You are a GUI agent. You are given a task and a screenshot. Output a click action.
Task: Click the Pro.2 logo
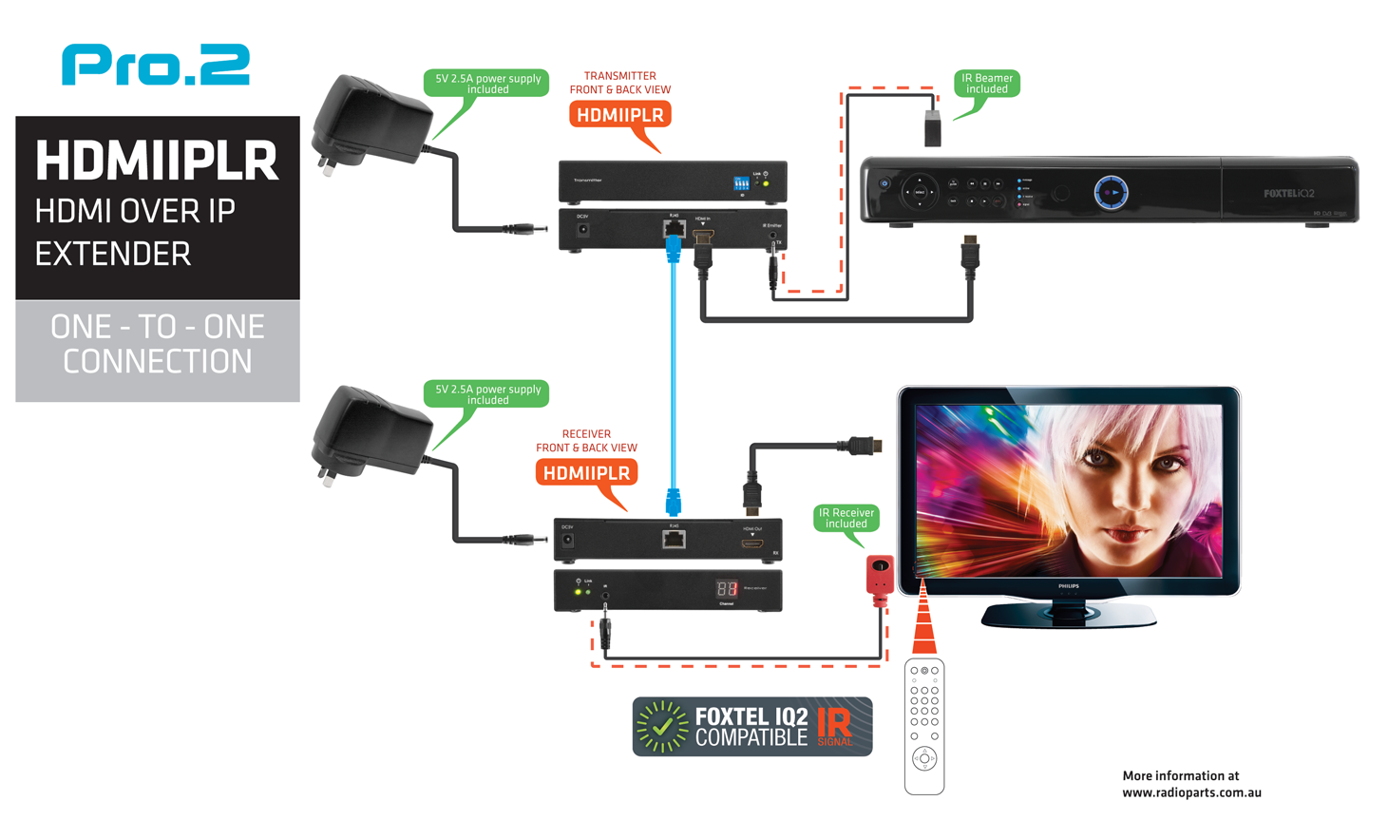156,65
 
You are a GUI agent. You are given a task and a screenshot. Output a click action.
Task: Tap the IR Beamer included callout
986,84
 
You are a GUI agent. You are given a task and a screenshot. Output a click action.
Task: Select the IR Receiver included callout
846,518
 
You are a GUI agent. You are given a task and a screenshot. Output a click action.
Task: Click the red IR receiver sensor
880,578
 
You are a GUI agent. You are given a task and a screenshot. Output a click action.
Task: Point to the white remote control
923,727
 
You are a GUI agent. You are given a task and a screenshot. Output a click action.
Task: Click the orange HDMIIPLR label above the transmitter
619,115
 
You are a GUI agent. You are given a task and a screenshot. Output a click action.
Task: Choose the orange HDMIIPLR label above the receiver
586,472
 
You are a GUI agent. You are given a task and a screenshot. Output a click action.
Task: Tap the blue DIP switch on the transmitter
741,182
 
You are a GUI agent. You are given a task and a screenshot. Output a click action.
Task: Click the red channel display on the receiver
727,588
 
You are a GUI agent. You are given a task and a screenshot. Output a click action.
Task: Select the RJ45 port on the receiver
674,540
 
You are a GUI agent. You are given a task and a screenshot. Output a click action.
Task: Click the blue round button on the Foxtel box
1111,192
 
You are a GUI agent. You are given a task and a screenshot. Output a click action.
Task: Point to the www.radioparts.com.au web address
1191,792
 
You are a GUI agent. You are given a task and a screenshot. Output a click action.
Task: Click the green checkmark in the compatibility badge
662,727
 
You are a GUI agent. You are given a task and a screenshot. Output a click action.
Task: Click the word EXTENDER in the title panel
113,254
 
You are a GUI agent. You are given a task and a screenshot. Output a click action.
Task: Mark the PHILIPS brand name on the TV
1069,586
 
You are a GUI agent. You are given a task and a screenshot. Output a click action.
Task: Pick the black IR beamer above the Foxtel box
932,128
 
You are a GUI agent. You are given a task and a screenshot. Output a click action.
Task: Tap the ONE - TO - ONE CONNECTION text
158,344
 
